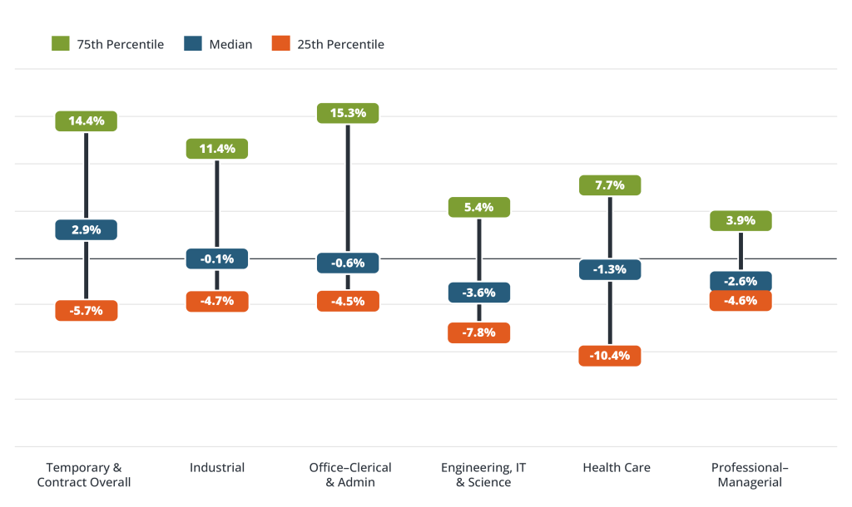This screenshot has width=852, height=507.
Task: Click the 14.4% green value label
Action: point(87,121)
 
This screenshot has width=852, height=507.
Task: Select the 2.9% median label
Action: point(87,229)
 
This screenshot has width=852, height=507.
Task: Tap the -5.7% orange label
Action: point(87,311)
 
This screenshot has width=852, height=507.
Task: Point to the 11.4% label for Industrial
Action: point(217,149)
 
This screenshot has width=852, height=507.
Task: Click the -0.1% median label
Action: point(217,259)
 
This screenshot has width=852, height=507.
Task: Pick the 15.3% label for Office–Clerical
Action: point(348,113)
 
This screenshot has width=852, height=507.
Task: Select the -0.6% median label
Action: point(348,263)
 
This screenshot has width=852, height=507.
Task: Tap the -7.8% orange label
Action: point(479,332)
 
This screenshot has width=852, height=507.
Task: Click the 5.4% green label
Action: point(479,207)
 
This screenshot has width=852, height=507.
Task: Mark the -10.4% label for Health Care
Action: point(610,356)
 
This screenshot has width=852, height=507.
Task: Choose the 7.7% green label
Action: point(610,185)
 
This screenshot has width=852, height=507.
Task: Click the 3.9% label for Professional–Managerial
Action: point(741,220)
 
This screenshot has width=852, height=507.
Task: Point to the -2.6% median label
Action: point(741,282)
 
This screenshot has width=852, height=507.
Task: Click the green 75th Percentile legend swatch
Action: point(59,44)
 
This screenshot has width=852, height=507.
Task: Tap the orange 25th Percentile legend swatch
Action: point(280,44)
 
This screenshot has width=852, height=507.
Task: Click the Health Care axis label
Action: point(617,468)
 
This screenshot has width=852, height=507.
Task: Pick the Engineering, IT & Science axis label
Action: point(479,475)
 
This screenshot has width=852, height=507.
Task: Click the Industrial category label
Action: point(217,468)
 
